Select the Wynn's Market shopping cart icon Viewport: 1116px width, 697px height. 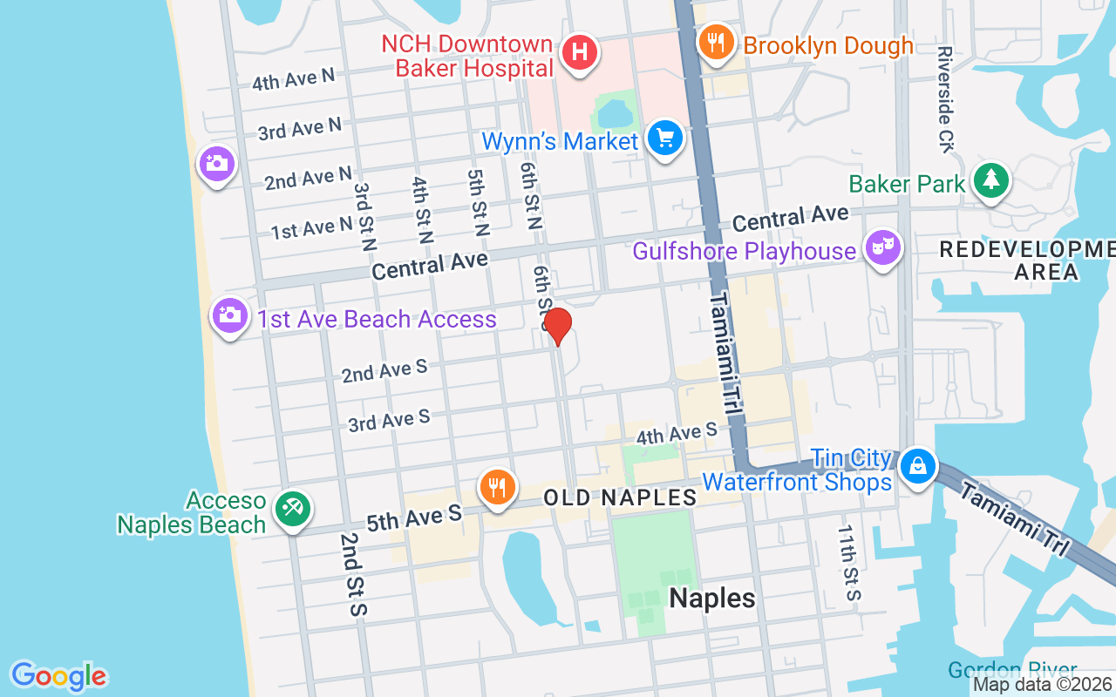[665, 138]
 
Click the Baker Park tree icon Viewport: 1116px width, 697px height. [991, 179]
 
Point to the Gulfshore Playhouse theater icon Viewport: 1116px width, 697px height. [882, 247]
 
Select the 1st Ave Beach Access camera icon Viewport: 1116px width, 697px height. [229, 315]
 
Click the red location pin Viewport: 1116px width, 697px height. [557, 327]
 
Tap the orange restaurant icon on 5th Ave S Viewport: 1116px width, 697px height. [497, 486]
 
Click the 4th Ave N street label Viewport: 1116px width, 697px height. [293, 79]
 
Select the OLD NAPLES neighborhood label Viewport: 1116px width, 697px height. [620, 497]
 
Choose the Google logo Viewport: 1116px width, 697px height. [58, 676]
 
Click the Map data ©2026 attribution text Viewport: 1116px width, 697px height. [1041, 684]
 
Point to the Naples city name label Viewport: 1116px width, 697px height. [711, 598]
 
